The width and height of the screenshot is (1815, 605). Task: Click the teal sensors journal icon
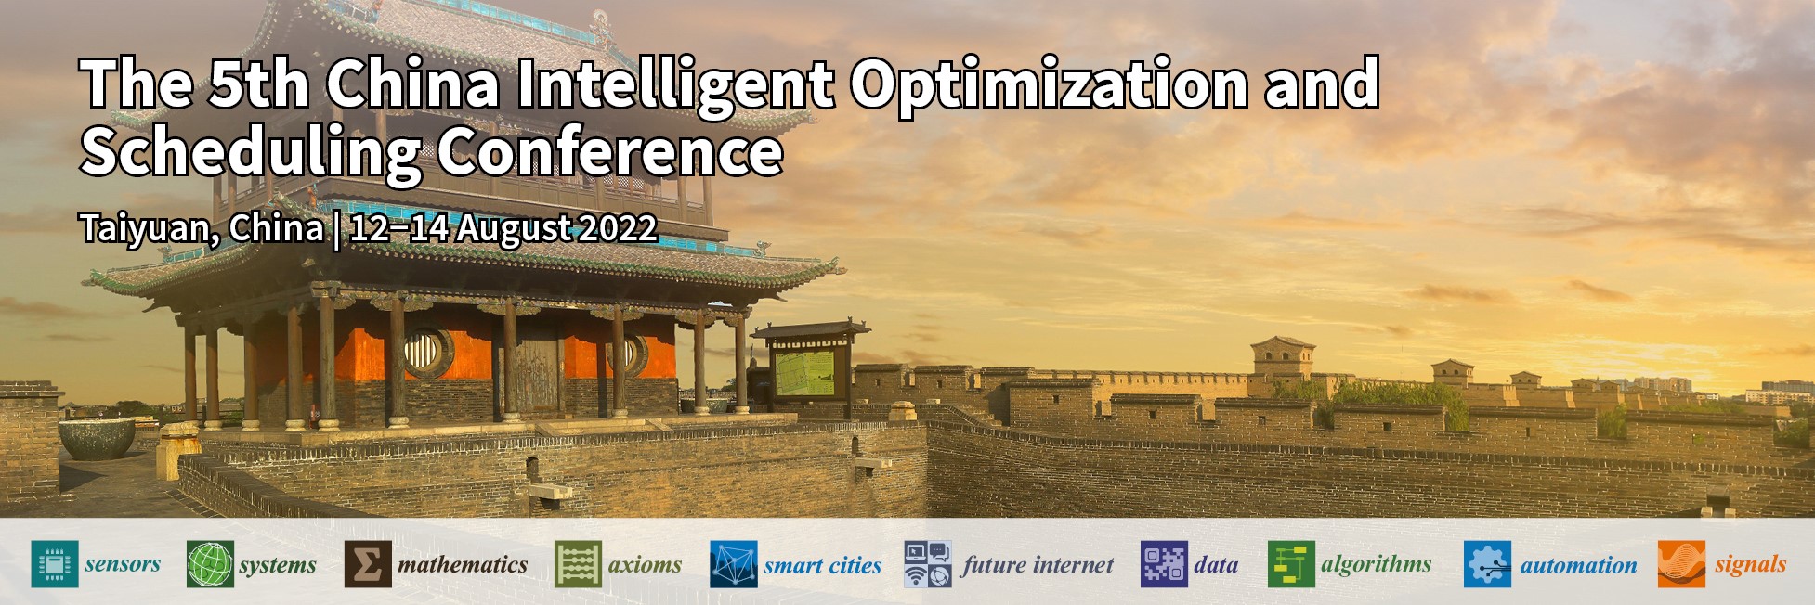54,564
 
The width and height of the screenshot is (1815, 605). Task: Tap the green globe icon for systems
210,564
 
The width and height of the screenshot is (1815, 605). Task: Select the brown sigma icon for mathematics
367,564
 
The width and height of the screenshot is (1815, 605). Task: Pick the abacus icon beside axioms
578,564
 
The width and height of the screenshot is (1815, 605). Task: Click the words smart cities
822,565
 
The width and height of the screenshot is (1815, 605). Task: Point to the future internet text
1038,565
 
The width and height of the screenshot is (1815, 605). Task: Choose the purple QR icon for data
1164,564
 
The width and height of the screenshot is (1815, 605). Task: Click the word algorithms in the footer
1376,564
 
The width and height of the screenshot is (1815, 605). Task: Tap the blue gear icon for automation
1487,564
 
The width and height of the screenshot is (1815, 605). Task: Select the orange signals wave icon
1681,564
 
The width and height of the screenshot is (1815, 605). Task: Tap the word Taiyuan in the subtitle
149,228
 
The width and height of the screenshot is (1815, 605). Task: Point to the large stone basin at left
97,438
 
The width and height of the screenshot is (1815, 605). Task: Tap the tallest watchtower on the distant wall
1282,357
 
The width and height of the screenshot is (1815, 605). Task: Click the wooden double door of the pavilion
538,371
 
